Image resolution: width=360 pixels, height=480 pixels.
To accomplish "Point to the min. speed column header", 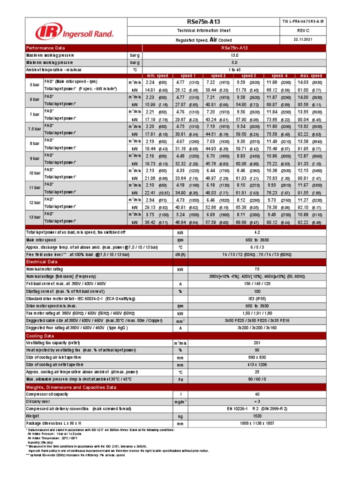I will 158,75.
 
